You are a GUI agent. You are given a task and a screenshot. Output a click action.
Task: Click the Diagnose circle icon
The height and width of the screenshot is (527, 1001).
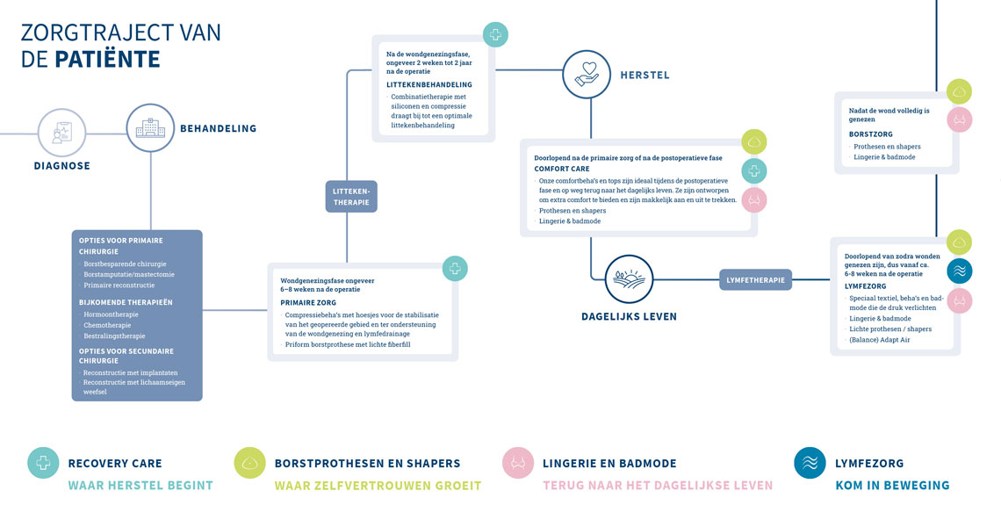coord(62,133)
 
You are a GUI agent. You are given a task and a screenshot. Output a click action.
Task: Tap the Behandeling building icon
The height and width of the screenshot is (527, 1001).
coord(150,128)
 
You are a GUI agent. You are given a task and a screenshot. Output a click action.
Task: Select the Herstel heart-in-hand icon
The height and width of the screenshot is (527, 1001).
coord(587,74)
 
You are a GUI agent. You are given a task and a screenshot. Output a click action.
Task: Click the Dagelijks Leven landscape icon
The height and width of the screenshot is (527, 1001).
coord(629,279)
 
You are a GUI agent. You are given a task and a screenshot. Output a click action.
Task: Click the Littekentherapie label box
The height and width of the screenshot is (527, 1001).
coord(351,196)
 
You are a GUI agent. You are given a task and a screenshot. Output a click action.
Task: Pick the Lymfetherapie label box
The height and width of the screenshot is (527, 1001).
coord(755,280)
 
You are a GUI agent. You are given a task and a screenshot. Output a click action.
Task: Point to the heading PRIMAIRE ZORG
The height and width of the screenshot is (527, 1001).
coord(309,302)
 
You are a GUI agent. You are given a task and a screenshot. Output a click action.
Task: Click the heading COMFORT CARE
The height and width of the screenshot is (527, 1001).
coord(562,169)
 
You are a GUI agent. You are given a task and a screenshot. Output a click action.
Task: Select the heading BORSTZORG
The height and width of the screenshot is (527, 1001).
coord(870,134)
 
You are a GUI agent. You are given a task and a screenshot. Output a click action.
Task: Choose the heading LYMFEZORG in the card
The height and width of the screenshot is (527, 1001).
coord(865,286)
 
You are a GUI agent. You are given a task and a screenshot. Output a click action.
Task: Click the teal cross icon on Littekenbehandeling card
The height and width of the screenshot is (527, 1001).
coord(495,35)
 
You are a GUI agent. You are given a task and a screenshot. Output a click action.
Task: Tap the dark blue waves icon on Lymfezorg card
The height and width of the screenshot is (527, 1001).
coord(959,271)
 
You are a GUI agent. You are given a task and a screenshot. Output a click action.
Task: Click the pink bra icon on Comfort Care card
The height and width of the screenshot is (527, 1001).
coord(754,200)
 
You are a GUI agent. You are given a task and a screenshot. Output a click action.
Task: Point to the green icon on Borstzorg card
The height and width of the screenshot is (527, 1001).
coord(959,91)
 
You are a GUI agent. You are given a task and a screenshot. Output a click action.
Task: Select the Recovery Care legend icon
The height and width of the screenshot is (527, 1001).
coord(43,463)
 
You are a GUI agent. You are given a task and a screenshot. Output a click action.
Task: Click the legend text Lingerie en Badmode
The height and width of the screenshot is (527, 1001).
coord(609,463)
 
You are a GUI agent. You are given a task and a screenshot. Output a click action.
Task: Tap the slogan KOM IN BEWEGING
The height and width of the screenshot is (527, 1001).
coord(891,485)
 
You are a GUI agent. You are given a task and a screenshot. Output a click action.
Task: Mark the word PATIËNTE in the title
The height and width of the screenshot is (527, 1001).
coord(107,60)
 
